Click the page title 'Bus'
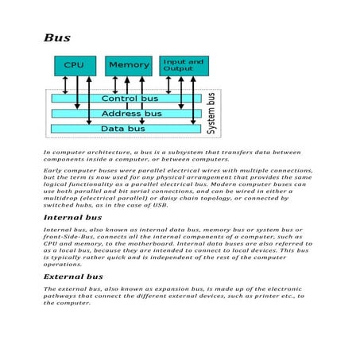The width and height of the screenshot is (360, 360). (x=58, y=37)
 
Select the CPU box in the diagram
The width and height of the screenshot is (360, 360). (x=75, y=65)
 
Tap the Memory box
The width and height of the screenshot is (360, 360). (x=128, y=65)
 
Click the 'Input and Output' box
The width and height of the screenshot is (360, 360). (x=184, y=65)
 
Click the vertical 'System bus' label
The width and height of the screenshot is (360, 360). (x=211, y=111)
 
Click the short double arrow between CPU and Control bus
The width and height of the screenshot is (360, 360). (x=62, y=84)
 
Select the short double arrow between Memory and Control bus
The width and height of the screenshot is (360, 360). (x=115, y=84)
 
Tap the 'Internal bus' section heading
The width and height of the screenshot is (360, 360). (x=72, y=216)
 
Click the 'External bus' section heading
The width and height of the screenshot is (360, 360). (x=72, y=277)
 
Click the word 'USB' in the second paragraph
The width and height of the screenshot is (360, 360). (x=160, y=204)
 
